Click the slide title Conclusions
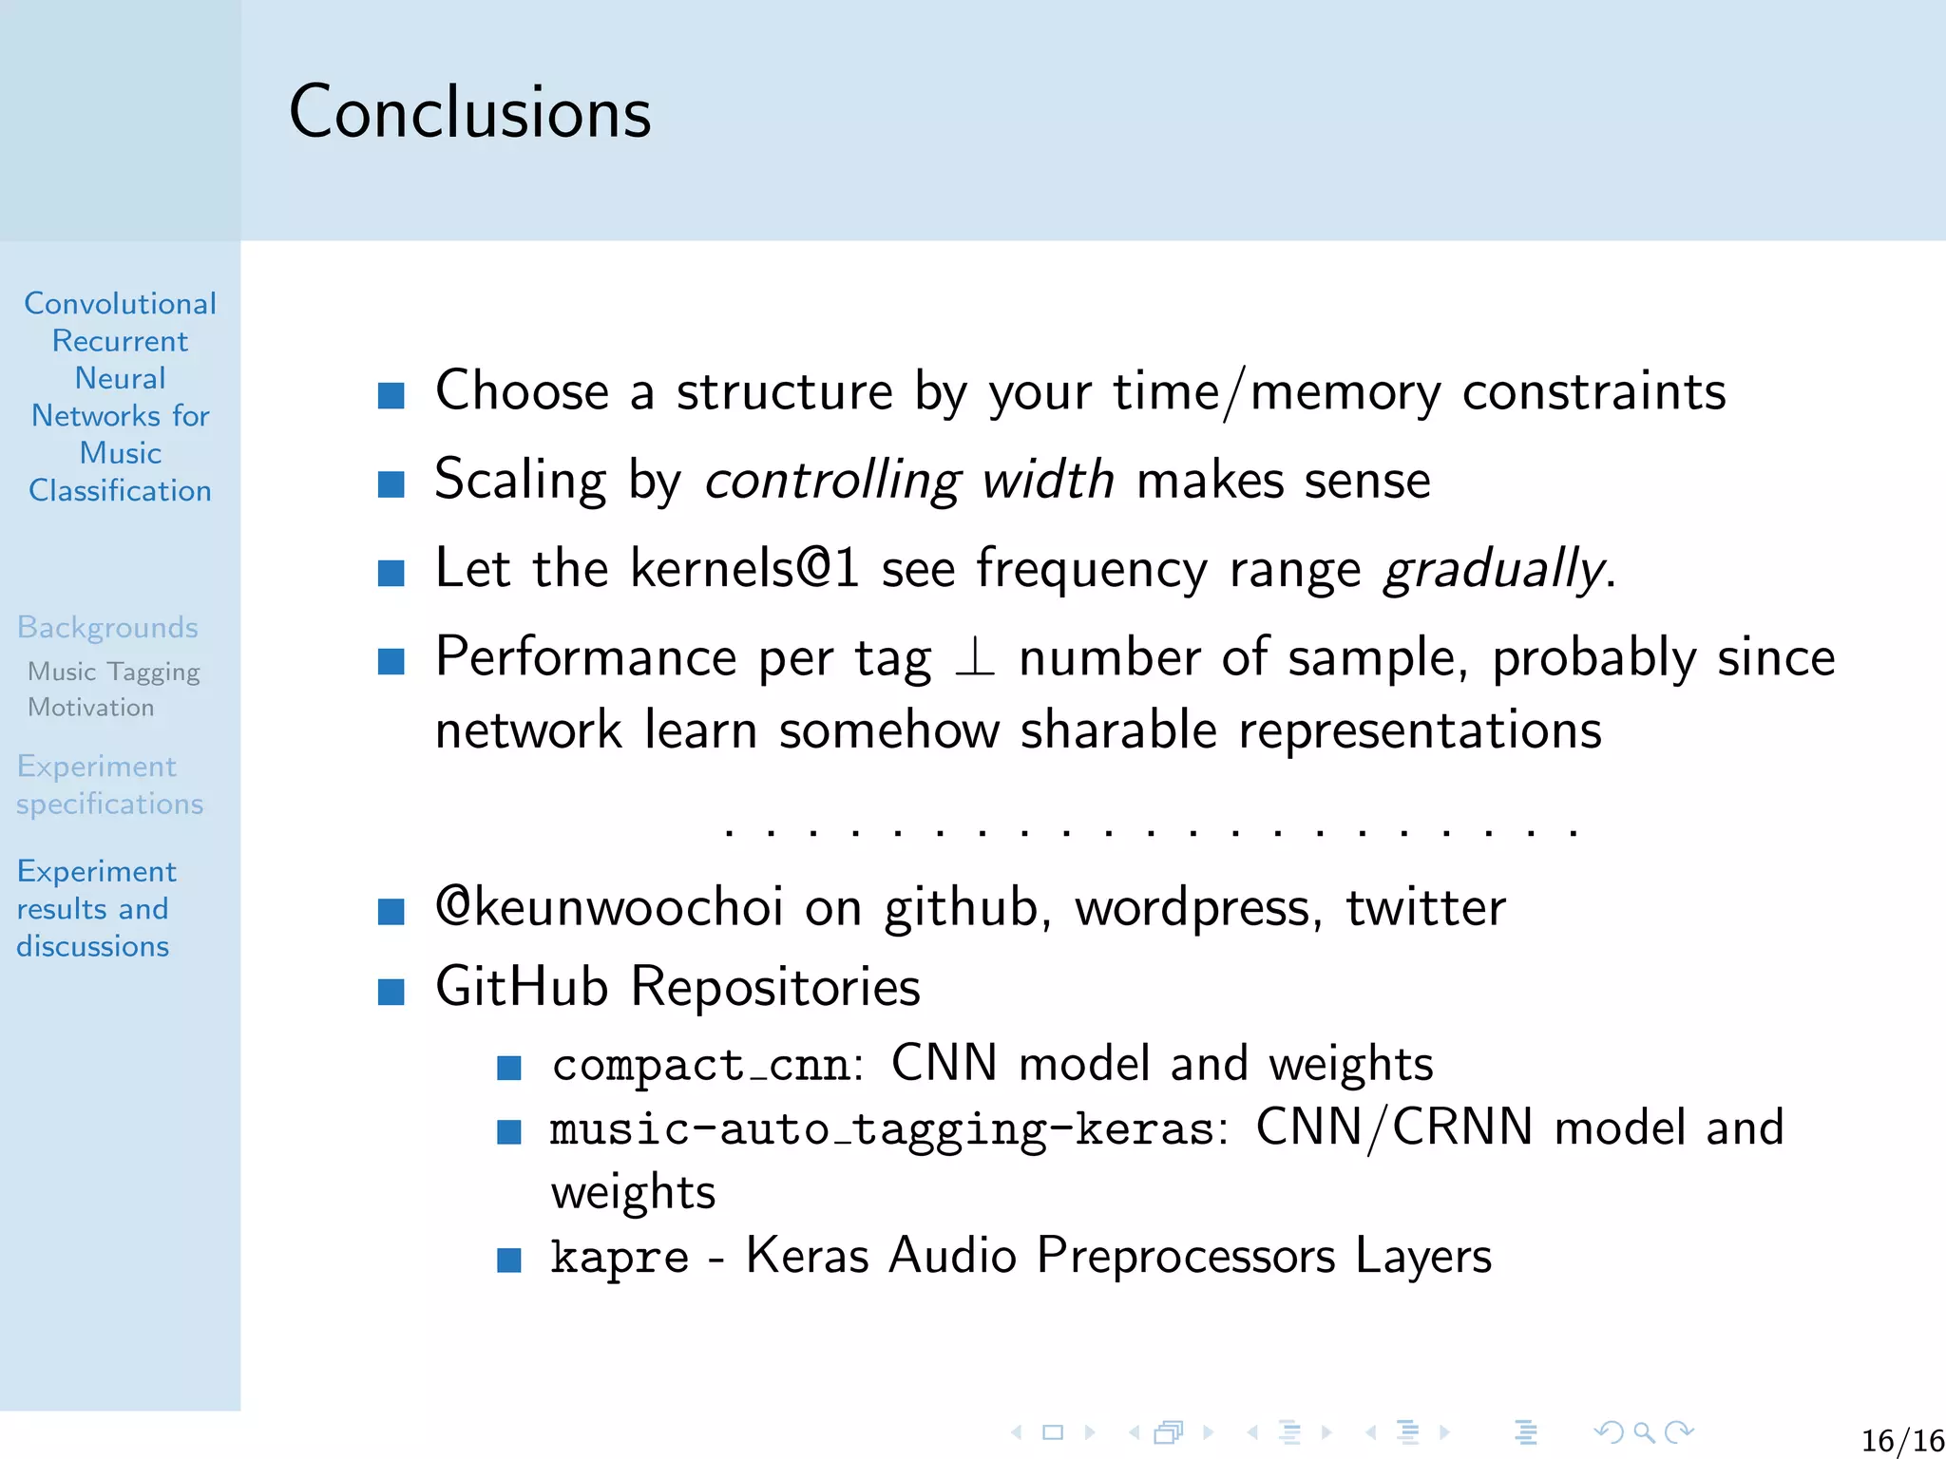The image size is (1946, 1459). pyautogui.click(x=469, y=112)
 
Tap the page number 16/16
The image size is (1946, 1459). pyautogui.click(x=1901, y=1440)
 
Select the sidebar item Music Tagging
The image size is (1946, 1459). pyautogui.click(x=113, y=672)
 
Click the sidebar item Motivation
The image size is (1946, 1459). pyautogui.click(x=90, y=708)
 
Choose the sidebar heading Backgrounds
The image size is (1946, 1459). pyautogui.click(x=107, y=627)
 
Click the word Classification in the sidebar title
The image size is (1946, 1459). pyautogui.click(x=120, y=490)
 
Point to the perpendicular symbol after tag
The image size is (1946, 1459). pyautogui.click(x=975, y=657)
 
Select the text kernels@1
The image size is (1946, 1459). pyautogui.click(x=744, y=568)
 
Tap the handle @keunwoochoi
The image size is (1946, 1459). pyautogui.click(x=609, y=906)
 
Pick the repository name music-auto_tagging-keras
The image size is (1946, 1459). pyautogui.click(x=882, y=1129)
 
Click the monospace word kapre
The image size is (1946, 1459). pyautogui.click(x=620, y=1257)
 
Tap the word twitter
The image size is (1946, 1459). pyautogui.click(x=1425, y=907)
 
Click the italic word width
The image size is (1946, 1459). pyautogui.click(x=1047, y=480)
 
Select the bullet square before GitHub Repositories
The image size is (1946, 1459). pyautogui.click(x=391, y=992)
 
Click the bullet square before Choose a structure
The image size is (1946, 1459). pyautogui.click(x=391, y=395)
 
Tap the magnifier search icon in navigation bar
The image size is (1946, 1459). pyautogui.click(x=1644, y=1431)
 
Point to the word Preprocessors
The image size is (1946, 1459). pyautogui.click(x=1186, y=1257)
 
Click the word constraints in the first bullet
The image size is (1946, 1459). pyautogui.click(x=1593, y=391)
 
